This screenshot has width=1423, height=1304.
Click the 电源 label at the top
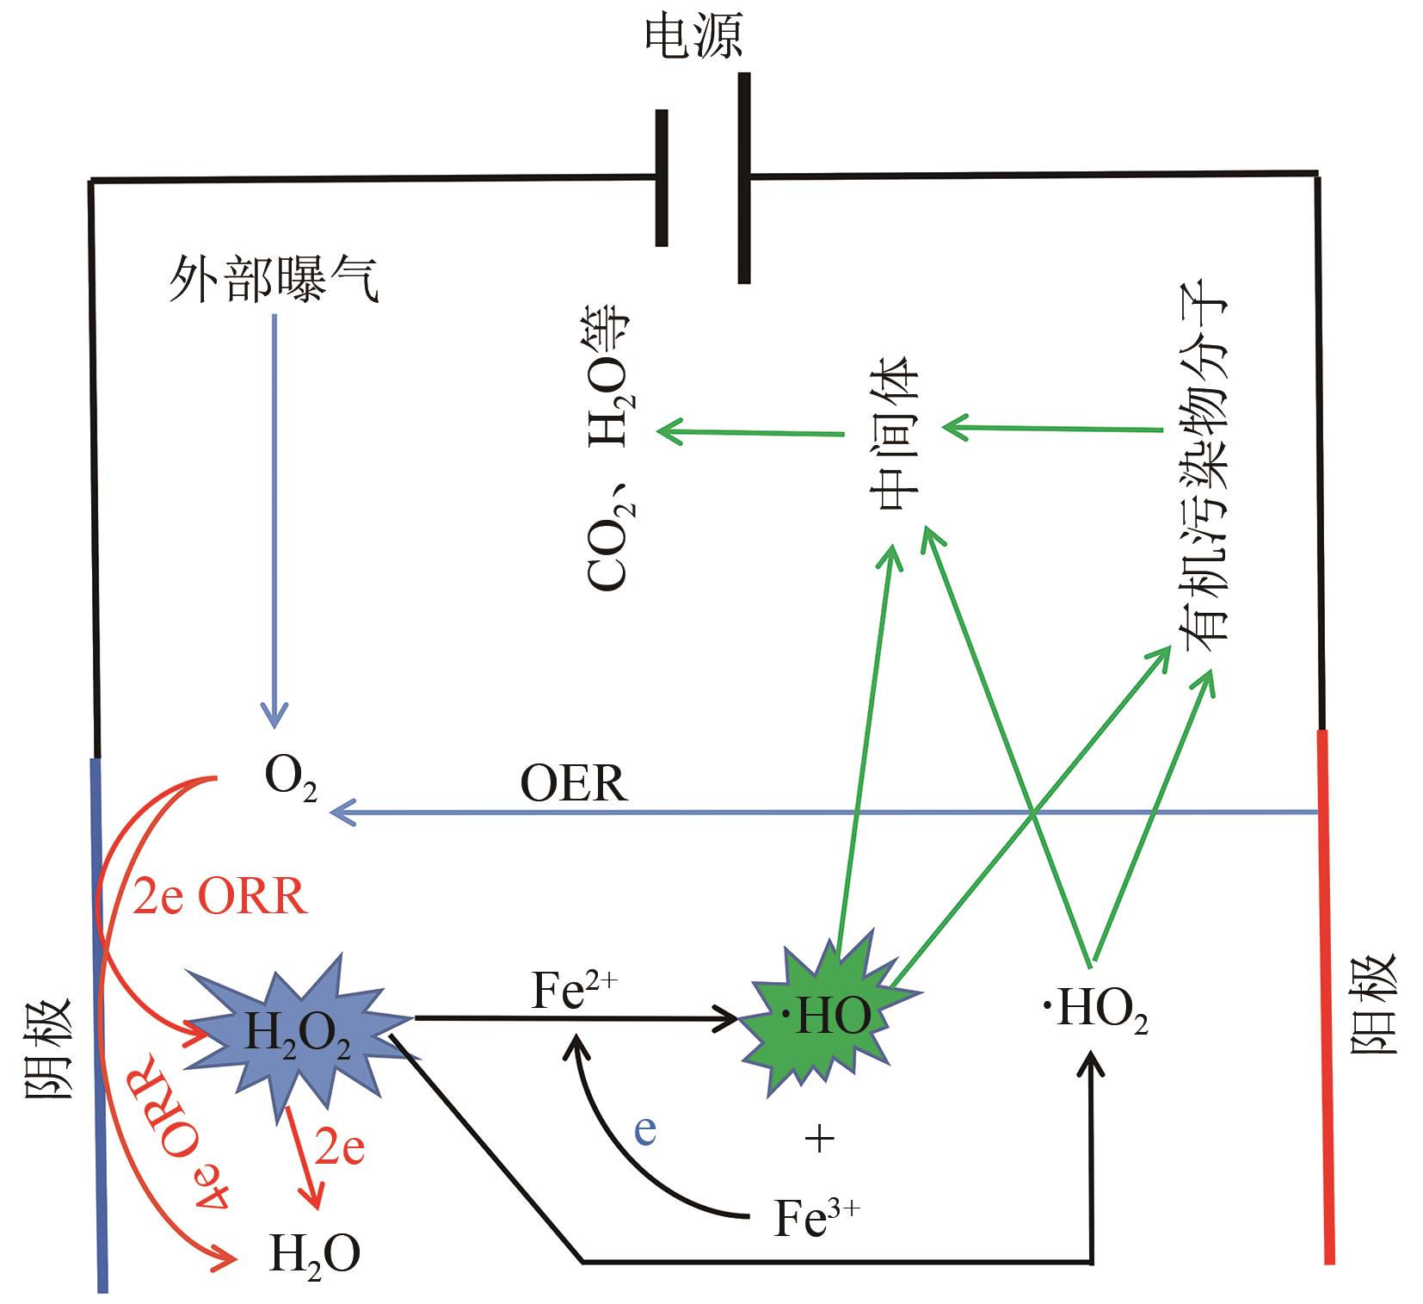click(693, 39)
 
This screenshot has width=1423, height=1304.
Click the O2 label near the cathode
click(290, 780)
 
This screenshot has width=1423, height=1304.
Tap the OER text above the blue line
click(574, 784)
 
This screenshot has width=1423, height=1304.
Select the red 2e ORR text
click(220, 899)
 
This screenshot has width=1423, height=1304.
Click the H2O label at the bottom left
click(314, 1252)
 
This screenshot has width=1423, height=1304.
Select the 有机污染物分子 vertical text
click(1204, 469)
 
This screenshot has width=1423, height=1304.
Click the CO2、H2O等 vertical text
click(610, 448)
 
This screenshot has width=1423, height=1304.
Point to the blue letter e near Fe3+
click(645, 1130)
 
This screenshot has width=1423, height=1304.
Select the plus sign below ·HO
click(819, 1140)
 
